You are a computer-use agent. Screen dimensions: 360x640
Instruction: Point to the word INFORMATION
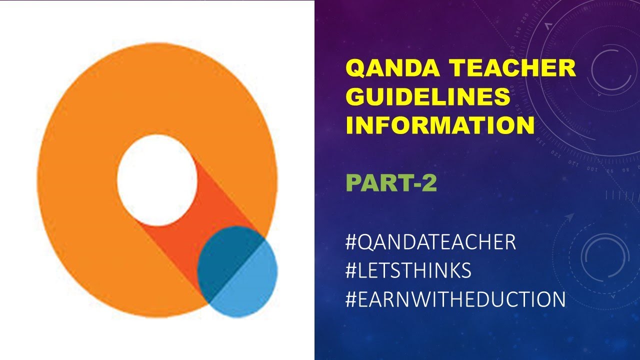[x=440, y=125]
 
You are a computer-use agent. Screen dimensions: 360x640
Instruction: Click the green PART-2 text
[x=391, y=183]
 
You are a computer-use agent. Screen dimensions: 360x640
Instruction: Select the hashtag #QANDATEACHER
[x=430, y=242]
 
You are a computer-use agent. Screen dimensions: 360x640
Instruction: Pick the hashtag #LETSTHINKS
[x=408, y=271]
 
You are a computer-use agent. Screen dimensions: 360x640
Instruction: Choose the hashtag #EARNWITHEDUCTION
[x=455, y=299]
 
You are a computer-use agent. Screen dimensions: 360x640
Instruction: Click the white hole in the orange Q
[x=157, y=179]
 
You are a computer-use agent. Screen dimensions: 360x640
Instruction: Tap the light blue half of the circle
[x=252, y=285]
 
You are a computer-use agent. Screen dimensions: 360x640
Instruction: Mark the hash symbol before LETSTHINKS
[x=351, y=271]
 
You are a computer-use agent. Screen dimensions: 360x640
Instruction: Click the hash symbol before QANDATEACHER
[x=351, y=242]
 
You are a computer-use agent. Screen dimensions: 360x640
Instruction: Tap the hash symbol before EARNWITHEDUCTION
[x=351, y=299]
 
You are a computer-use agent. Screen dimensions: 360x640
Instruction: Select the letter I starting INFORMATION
[x=350, y=125]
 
